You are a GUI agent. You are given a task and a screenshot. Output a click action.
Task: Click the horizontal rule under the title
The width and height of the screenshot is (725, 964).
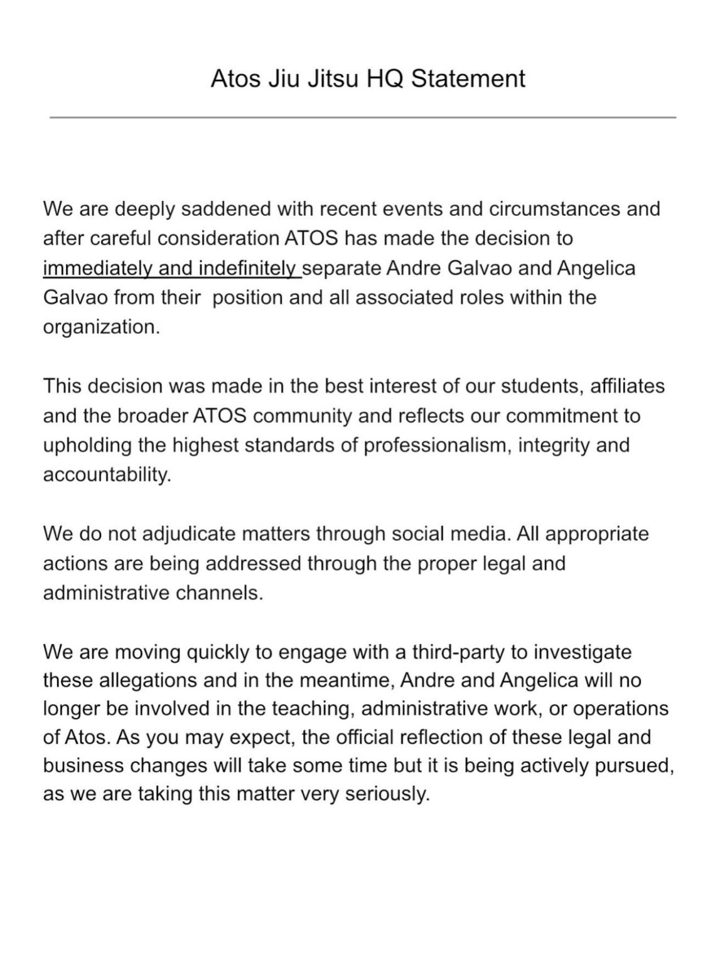point(363,117)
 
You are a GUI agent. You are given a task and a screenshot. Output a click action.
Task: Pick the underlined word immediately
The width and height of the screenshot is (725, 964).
point(97,268)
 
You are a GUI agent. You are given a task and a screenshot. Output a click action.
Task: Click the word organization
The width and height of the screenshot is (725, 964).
point(100,327)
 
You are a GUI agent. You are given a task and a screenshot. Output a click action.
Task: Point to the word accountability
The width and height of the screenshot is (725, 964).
point(107,474)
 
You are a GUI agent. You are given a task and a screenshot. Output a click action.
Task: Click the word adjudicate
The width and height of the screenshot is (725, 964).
point(189,534)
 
